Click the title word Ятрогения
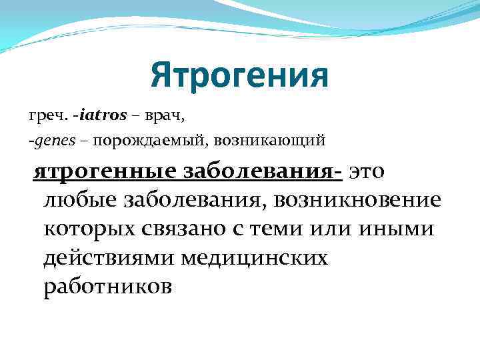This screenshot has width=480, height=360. (239, 75)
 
